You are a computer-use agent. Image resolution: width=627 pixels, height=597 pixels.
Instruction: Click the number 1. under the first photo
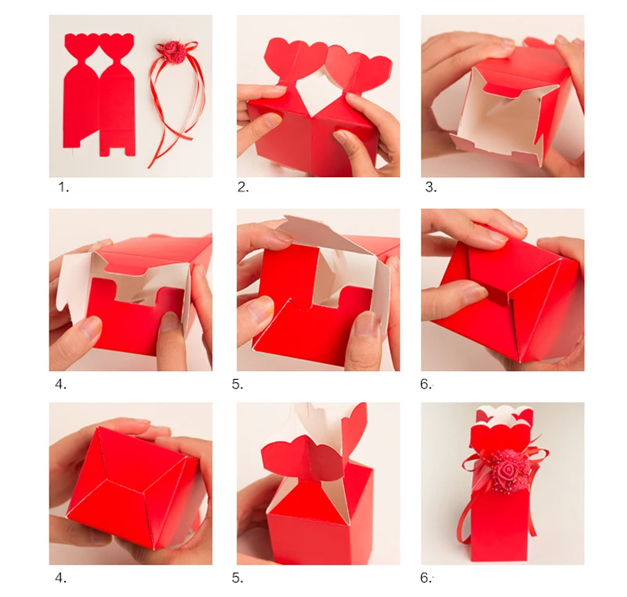click(x=63, y=187)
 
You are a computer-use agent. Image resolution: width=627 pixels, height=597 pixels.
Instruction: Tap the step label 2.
click(x=243, y=187)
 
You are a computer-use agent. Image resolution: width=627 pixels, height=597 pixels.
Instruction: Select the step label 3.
click(x=430, y=187)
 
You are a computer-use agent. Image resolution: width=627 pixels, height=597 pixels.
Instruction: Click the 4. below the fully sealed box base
click(x=60, y=578)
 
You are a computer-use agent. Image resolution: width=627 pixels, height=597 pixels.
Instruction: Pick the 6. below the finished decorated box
click(x=426, y=578)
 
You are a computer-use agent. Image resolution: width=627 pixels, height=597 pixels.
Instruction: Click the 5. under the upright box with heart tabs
click(x=237, y=578)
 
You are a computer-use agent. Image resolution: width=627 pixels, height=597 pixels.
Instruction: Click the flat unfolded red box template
click(x=99, y=95)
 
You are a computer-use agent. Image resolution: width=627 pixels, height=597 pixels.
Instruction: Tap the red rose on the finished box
click(x=507, y=468)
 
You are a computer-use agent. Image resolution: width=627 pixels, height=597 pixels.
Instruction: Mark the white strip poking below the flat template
click(x=73, y=152)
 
